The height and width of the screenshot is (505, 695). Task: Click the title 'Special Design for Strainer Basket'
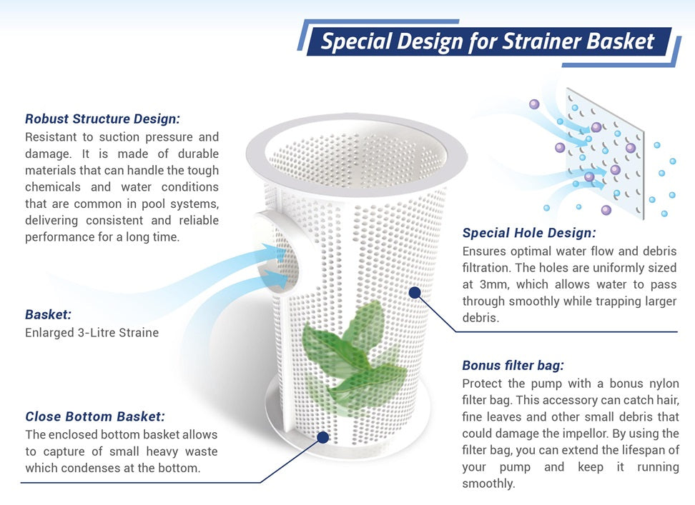click(x=487, y=41)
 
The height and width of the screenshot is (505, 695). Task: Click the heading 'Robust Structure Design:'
click(x=102, y=119)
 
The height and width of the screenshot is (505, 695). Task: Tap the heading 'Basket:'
click(x=49, y=314)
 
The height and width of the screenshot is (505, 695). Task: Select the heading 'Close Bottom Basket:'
click(x=95, y=416)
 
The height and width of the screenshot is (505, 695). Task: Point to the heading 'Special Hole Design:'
click(x=529, y=233)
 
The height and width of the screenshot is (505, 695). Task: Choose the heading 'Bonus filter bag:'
click(x=513, y=365)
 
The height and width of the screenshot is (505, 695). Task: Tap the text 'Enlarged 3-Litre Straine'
click(x=92, y=332)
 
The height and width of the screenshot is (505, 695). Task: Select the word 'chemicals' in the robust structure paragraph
click(x=53, y=186)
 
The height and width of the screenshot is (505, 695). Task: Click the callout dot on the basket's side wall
click(x=415, y=292)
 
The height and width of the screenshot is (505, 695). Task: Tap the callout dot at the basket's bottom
click(x=323, y=437)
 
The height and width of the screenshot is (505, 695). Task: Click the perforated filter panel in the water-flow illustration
click(x=605, y=153)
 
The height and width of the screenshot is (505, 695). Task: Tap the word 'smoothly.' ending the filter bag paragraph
click(x=488, y=484)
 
